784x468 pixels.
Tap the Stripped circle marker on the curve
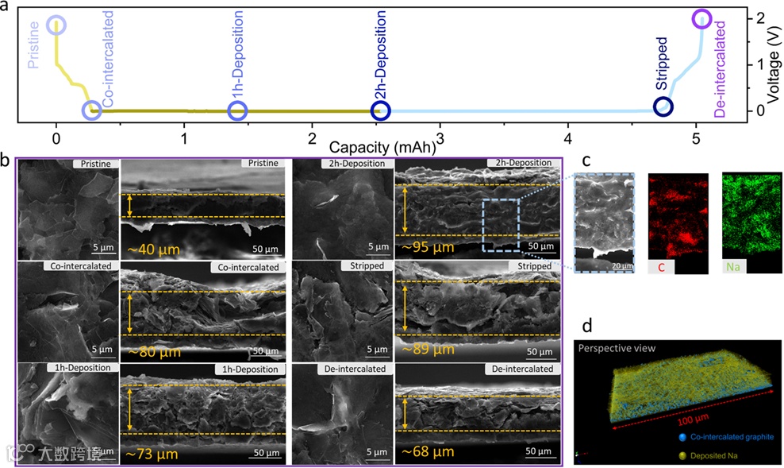click(x=663, y=106)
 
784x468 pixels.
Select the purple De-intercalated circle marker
click(x=701, y=18)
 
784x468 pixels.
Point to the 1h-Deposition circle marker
click(x=238, y=110)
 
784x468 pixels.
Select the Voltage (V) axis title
click(x=774, y=64)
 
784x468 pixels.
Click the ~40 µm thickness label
click(x=158, y=249)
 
